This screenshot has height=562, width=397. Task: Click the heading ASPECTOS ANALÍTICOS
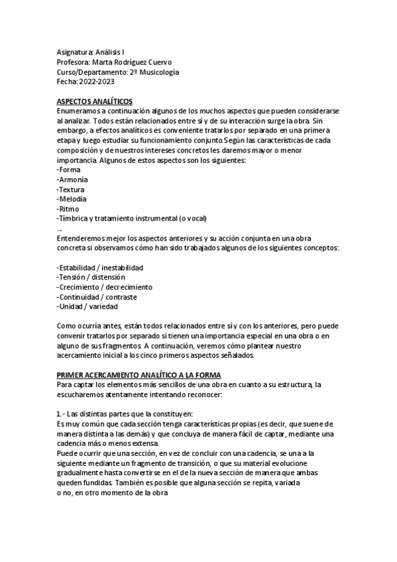coord(95,101)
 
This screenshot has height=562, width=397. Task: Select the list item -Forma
coord(68,170)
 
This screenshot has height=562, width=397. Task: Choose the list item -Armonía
coord(72,180)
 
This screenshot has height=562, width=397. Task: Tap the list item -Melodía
coord(72,199)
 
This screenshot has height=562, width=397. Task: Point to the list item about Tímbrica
coord(131,219)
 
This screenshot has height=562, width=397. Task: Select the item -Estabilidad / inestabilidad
coord(100,267)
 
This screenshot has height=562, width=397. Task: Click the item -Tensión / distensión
coord(91,277)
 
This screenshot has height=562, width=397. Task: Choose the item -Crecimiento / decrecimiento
coord(105,287)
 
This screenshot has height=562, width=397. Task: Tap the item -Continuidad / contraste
coord(97,297)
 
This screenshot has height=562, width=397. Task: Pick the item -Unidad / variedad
coord(87,307)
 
